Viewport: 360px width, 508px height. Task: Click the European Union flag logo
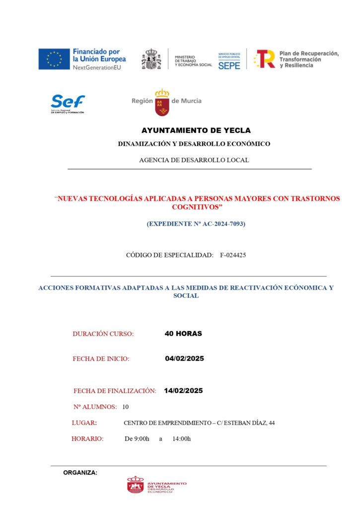[54, 59]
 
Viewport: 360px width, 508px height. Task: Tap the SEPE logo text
[229, 64]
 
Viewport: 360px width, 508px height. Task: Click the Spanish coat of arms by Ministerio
[151, 59]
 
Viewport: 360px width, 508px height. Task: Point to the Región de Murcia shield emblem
[162, 102]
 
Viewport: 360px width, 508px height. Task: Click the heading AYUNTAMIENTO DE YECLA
[196, 130]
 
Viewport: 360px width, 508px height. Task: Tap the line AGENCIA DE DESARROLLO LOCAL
[194, 160]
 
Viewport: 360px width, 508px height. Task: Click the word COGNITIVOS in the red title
[197, 206]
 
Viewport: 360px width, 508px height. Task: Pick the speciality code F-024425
[233, 255]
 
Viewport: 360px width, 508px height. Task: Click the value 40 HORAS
[183, 334]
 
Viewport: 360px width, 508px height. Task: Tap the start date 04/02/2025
[184, 359]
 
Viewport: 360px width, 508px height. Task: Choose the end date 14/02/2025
[183, 391]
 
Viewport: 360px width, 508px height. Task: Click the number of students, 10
[125, 407]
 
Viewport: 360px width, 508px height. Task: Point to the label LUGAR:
[84, 423]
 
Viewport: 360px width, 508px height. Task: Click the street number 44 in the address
[272, 423]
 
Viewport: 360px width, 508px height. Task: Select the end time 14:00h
[182, 439]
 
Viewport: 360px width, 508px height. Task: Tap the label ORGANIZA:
[80, 473]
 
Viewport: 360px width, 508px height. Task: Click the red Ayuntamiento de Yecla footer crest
[136, 485]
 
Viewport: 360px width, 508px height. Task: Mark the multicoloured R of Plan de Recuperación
[265, 59]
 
